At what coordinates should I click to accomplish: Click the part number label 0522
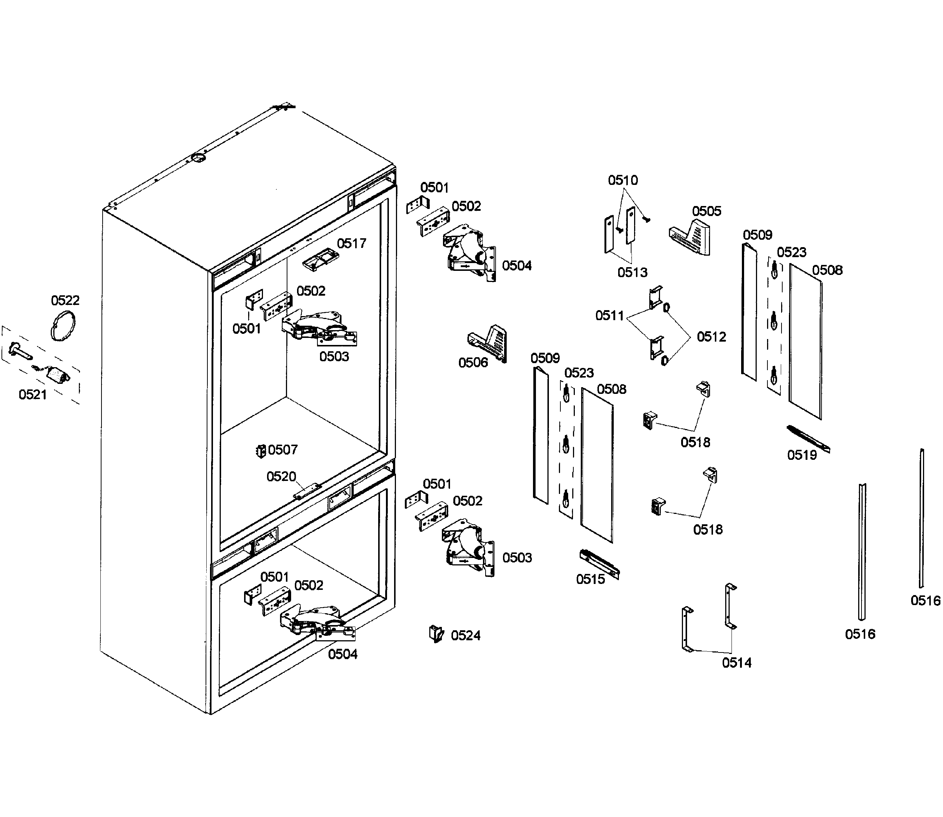click(x=65, y=300)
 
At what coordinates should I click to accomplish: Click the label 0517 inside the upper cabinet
click(x=351, y=243)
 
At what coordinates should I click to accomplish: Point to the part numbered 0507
click(x=261, y=451)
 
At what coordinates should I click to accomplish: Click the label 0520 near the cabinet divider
click(x=281, y=477)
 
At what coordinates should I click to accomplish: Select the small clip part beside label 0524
click(x=436, y=634)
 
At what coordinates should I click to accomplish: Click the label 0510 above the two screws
click(x=623, y=180)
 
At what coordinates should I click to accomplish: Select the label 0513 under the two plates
click(x=632, y=273)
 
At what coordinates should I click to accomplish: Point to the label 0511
click(x=609, y=315)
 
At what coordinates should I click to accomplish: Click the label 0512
click(x=711, y=337)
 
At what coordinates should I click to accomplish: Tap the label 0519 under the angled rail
click(x=802, y=455)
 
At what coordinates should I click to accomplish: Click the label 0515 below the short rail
click(x=590, y=579)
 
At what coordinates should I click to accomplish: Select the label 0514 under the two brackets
click(x=737, y=663)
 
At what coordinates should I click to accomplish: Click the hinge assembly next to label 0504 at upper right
click(x=469, y=253)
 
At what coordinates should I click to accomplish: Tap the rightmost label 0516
click(x=925, y=601)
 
